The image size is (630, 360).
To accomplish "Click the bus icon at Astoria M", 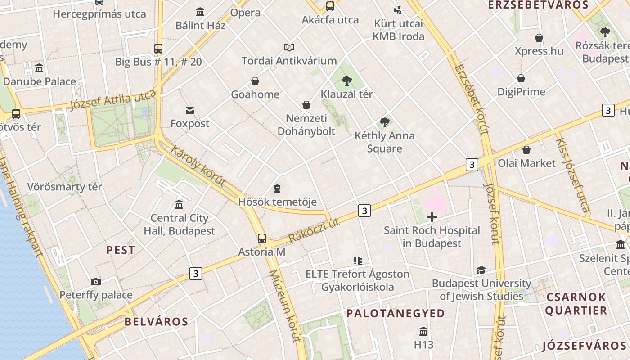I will tap(261, 238).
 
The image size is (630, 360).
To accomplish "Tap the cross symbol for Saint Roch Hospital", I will tap(432, 217).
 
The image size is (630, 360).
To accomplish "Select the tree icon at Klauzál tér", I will tap(346, 81).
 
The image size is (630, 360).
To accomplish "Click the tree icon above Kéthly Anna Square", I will tap(384, 122).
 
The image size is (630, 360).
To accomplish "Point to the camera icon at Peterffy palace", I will tap(96, 282).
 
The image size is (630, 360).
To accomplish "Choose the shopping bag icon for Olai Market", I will tap(526, 150).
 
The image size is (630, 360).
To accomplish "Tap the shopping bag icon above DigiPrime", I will tap(521, 78).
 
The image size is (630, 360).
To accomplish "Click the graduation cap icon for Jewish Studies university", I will tap(481, 270).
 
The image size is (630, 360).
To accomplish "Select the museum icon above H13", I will tap(423, 332).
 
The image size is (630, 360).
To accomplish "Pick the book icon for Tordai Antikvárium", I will tap(289, 47).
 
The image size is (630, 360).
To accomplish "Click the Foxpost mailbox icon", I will tap(190, 110).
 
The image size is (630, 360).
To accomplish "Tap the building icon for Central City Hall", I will tap(179, 205).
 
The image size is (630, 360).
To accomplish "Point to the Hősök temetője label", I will tap(277, 202).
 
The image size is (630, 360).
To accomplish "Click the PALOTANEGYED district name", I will tap(396, 313).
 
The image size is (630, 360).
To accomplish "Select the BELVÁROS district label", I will tap(156, 321).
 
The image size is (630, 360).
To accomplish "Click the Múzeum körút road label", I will tap(285, 306).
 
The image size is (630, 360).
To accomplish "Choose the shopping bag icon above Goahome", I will tap(255, 81).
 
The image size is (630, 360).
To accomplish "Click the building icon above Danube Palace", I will tap(39, 68).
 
